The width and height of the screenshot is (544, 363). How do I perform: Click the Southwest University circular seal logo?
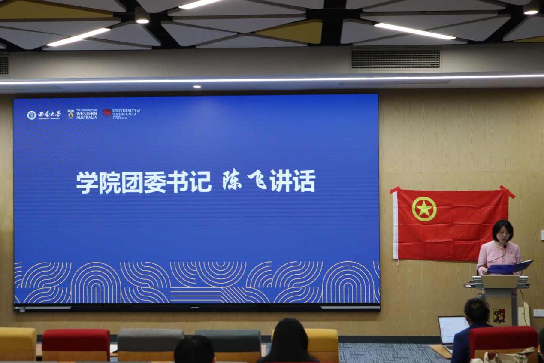tap(31, 115)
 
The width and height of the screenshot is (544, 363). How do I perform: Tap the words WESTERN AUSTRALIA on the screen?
tap(87, 115)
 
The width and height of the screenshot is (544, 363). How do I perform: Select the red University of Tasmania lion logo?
tap(107, 113)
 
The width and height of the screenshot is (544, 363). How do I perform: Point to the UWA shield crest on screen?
tap(71, 114)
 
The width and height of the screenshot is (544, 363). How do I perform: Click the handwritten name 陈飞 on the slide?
tap(244, 180)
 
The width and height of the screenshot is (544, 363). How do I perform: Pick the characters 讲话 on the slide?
tap(293, 181)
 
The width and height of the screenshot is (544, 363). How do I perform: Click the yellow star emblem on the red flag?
tap(424, 209)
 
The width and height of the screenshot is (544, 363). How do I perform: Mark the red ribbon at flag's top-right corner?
tap(508, 192)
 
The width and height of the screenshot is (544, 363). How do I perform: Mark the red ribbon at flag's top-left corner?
tap(394, 190)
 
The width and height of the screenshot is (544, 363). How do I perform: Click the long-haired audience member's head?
tap(289, 337)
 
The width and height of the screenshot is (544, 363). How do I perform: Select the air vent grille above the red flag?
tap(395, 59)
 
